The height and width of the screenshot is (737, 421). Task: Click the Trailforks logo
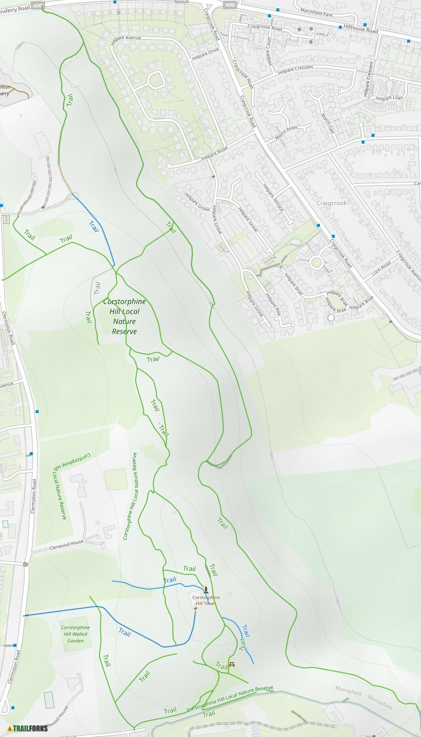pos(28,728)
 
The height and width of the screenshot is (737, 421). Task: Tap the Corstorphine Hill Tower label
pos(206,600)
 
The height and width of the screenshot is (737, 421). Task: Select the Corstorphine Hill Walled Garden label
pos(75,634)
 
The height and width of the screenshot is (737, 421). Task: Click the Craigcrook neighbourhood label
pos(331,203)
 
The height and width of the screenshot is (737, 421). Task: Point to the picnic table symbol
pos(231,664)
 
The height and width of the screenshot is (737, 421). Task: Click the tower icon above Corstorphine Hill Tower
pos(206,589)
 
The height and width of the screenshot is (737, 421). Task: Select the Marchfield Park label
pos(316,13)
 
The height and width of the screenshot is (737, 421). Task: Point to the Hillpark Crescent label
pos(295,70)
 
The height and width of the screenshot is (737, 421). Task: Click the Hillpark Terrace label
pos(273,198)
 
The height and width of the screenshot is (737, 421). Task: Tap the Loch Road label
pos(381,268)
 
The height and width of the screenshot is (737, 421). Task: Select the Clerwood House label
pos(66,545)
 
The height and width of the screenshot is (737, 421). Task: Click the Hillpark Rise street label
pos(272,305)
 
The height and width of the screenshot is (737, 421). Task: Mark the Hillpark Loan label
pos(389,98)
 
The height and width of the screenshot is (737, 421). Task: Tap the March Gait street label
pos(327,123)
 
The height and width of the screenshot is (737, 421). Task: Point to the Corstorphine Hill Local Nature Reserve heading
pos(124,316)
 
